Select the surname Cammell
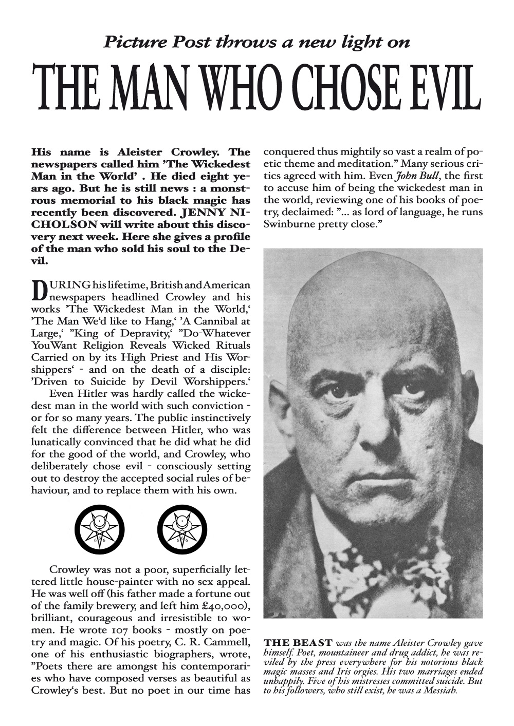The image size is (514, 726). click(227, 641)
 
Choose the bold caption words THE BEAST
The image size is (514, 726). click(297, 643)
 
